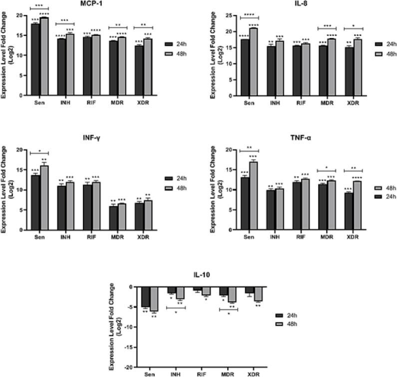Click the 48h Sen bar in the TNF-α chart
[x=254, y=195]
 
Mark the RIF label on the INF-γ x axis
[x=90, y=238]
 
